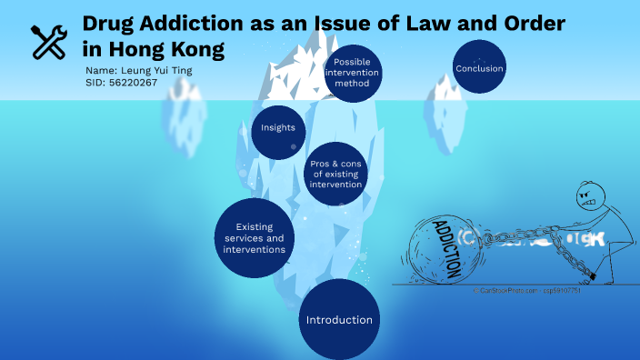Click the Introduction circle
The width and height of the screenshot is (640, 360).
tap(339, 320)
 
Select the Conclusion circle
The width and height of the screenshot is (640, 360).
tap(479, 67)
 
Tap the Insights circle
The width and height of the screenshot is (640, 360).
tap(277, 128)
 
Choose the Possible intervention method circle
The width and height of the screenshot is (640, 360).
tap(352, 72)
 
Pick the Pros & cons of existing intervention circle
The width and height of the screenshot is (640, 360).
tap(336, 174)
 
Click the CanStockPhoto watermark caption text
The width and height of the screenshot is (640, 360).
tap(526, 290)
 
